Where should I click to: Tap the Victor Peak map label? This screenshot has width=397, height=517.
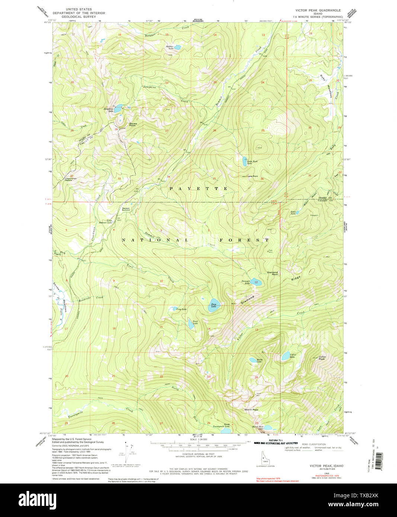[x=322, y=358]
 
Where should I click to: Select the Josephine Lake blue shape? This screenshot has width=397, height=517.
[x=118, y=109]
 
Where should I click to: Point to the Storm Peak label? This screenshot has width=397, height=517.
[x=251, y=410]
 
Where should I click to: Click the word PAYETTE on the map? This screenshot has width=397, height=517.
[x=199, y=189]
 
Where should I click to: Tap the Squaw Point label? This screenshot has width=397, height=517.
[x=133, y=124]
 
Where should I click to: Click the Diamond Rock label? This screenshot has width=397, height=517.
[x=272, y=273]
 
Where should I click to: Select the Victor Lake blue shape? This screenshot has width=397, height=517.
[x=285, y=356]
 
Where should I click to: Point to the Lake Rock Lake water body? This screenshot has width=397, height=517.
[x=245, y=161]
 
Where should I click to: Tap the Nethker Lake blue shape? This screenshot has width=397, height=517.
[x=178, y=47]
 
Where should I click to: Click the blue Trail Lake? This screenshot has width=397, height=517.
[x=191, y=324]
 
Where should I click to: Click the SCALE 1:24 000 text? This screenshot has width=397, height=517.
[x=198, y=439]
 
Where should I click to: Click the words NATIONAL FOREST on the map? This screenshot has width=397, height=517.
[x=195, y=240]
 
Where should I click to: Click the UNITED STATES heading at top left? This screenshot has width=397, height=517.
[x=79, y=9]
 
